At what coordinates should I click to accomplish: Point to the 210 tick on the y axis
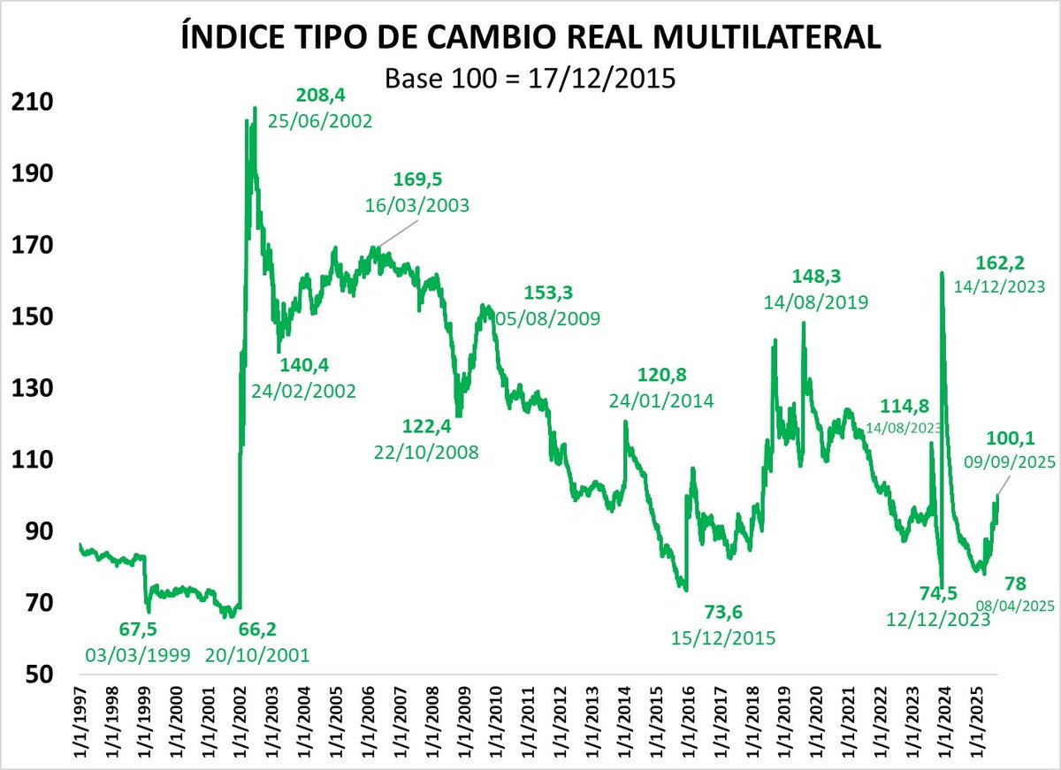pos(29,102)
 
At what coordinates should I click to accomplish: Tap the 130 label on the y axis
pos(29,388)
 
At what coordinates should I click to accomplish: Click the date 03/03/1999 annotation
pos(138,655)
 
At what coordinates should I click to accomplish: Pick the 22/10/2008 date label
pos(427,453)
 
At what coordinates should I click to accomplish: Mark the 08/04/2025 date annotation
pos(1014,606)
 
